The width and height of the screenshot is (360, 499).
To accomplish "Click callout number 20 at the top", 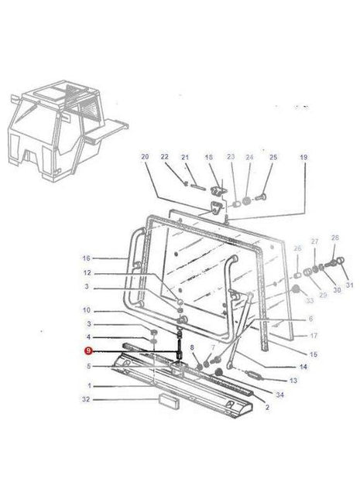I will pyautogui.click(x=144, y=158).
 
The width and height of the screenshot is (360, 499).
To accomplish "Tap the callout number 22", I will pyautogui.click(x=164, y=158).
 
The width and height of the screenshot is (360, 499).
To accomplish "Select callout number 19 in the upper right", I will pyautogui.click(x=303, y=158).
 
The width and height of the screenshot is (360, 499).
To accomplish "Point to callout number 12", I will pyautogui.click(x=87, y=273).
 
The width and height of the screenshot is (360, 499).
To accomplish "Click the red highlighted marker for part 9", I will pyautogui.click(x=87, y=350).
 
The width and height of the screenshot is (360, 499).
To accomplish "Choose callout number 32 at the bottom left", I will pyautogui.click(x=87, y=400).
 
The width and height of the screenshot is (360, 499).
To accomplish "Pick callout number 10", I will pyautogui.click(x=87, y=310).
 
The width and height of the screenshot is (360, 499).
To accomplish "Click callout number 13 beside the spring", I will pyautogui.click(x=293, y=381).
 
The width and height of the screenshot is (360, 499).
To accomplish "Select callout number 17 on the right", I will pyautogui.click(x=314, y=336).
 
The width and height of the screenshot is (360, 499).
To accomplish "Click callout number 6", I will pyautogui.click(x=310, y=319).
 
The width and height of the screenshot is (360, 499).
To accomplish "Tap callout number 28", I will pyautogui.click(x=334, y=238).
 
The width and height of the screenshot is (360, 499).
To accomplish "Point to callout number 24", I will pyautogui.click(x=249, y=158).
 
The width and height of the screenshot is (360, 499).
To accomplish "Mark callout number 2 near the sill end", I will pyautogui.click(x=267, y=407).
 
